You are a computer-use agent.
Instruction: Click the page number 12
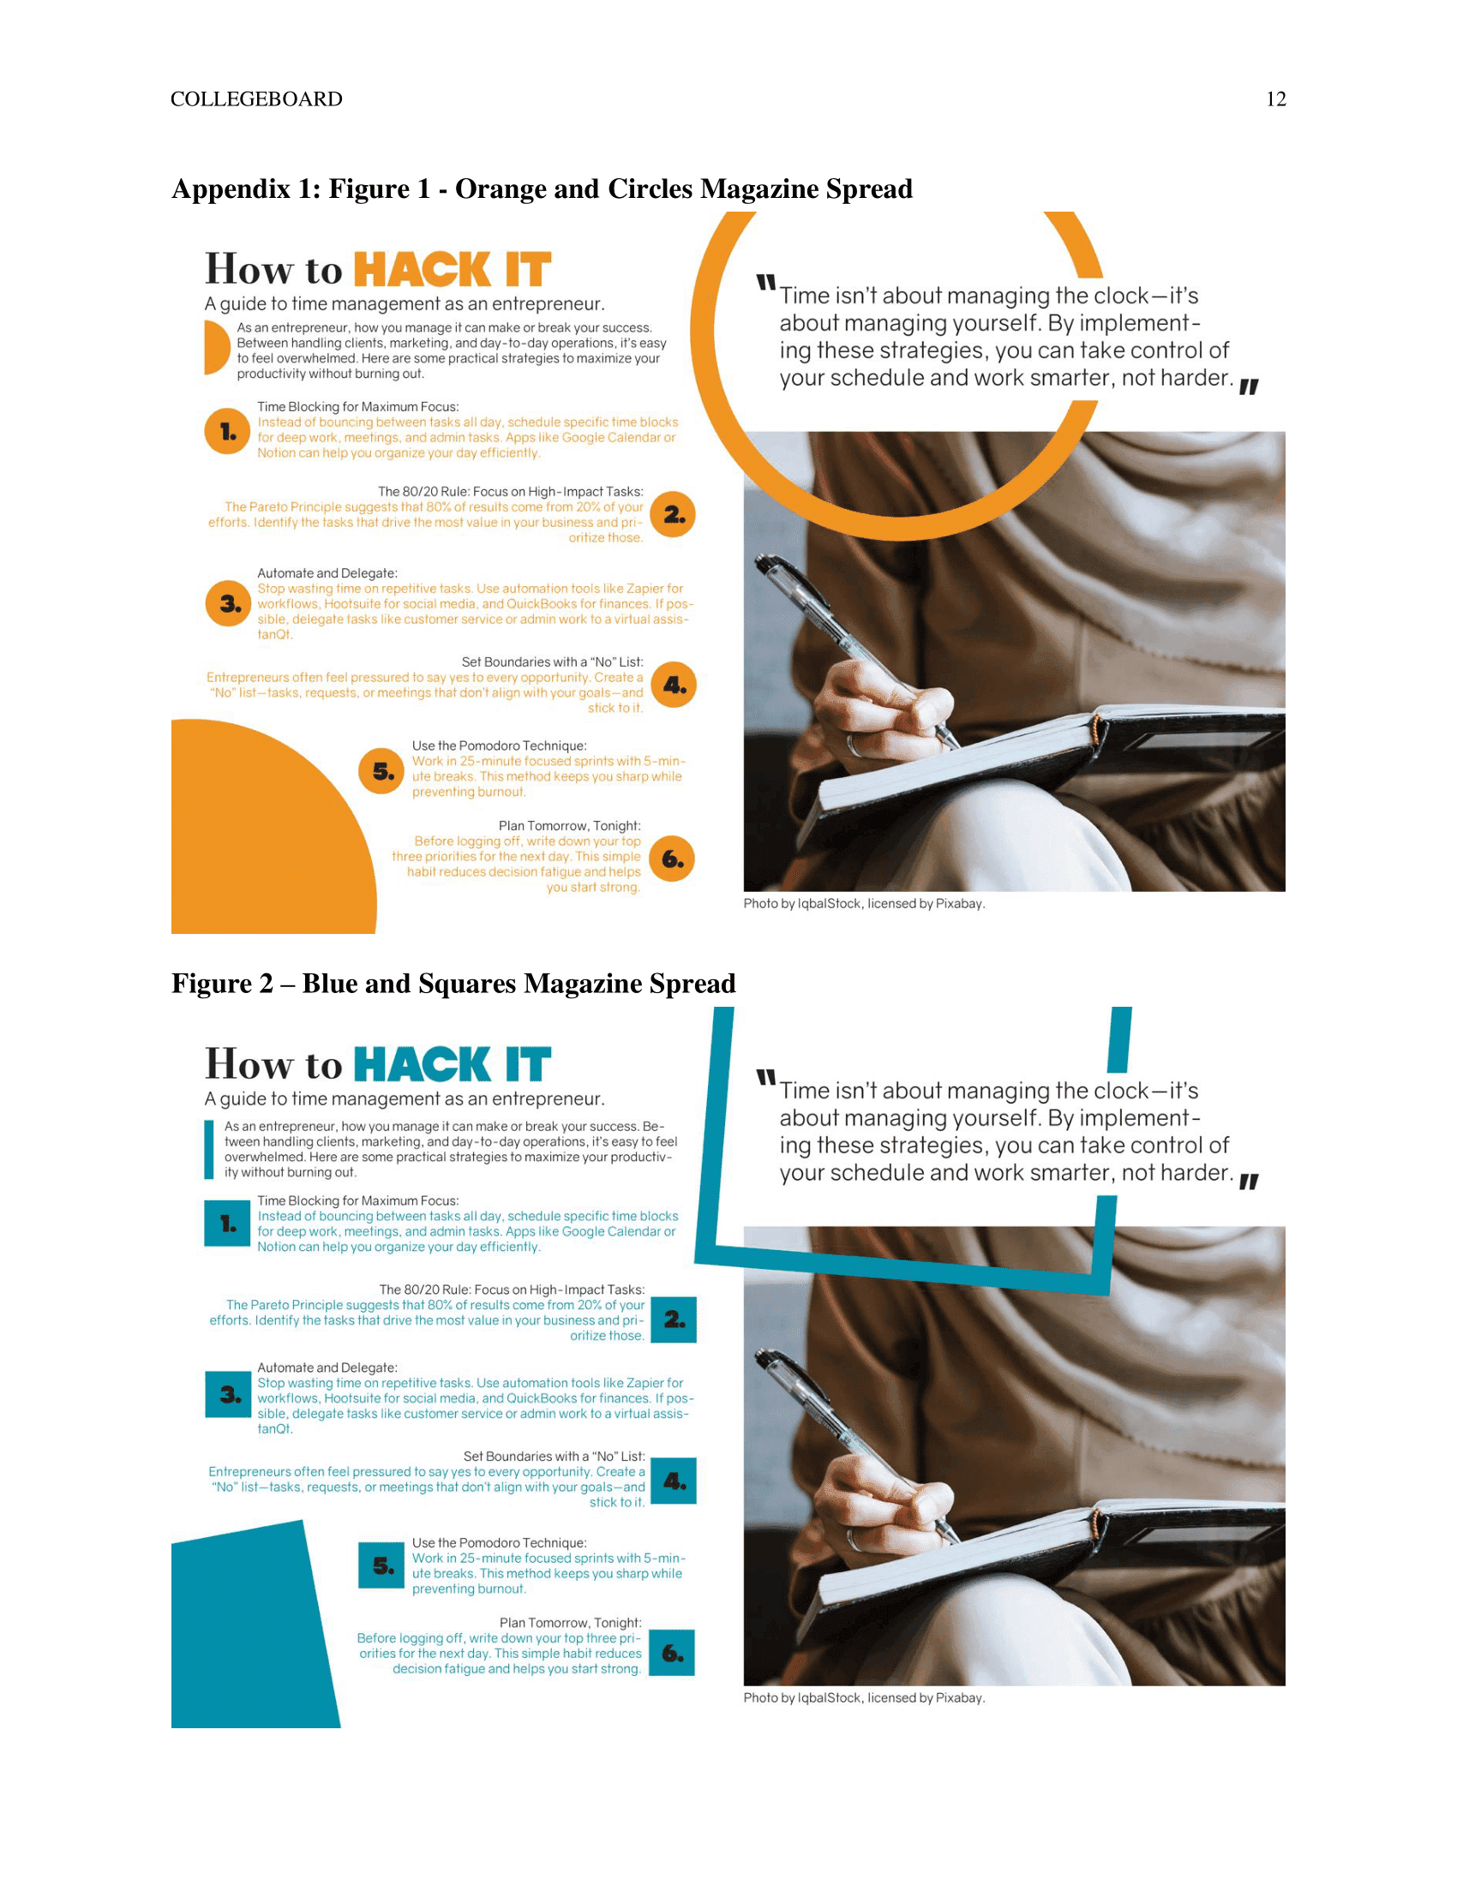pos(1276,99)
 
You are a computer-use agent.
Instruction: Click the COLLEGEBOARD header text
pos(256,99)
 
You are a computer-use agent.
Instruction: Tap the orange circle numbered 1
pos(227,431)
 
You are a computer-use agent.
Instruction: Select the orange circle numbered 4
pos(674,685)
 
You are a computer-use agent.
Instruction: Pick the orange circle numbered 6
pos(672,858)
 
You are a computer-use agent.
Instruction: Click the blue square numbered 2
pos(674,1319)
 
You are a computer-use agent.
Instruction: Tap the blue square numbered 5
pos(381,1565)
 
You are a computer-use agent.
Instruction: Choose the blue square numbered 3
pos(228,1394)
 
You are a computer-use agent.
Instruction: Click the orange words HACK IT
pos(453,269)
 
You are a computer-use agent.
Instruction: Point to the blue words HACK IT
pos(453,1064)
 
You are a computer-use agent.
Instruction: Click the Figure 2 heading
pos(453,983)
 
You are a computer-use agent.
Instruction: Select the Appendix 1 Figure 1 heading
pos(542,188)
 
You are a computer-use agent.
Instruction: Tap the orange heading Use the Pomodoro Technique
pos(499,745)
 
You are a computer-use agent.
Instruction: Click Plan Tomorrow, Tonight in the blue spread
pos(570,1623)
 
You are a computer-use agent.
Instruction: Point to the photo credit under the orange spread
pos(864,904)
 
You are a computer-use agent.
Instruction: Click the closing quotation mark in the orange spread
pos(1248,387)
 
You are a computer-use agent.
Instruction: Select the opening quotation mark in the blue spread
pos(765,1078)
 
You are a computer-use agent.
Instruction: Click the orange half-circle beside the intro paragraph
pos(216,347)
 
